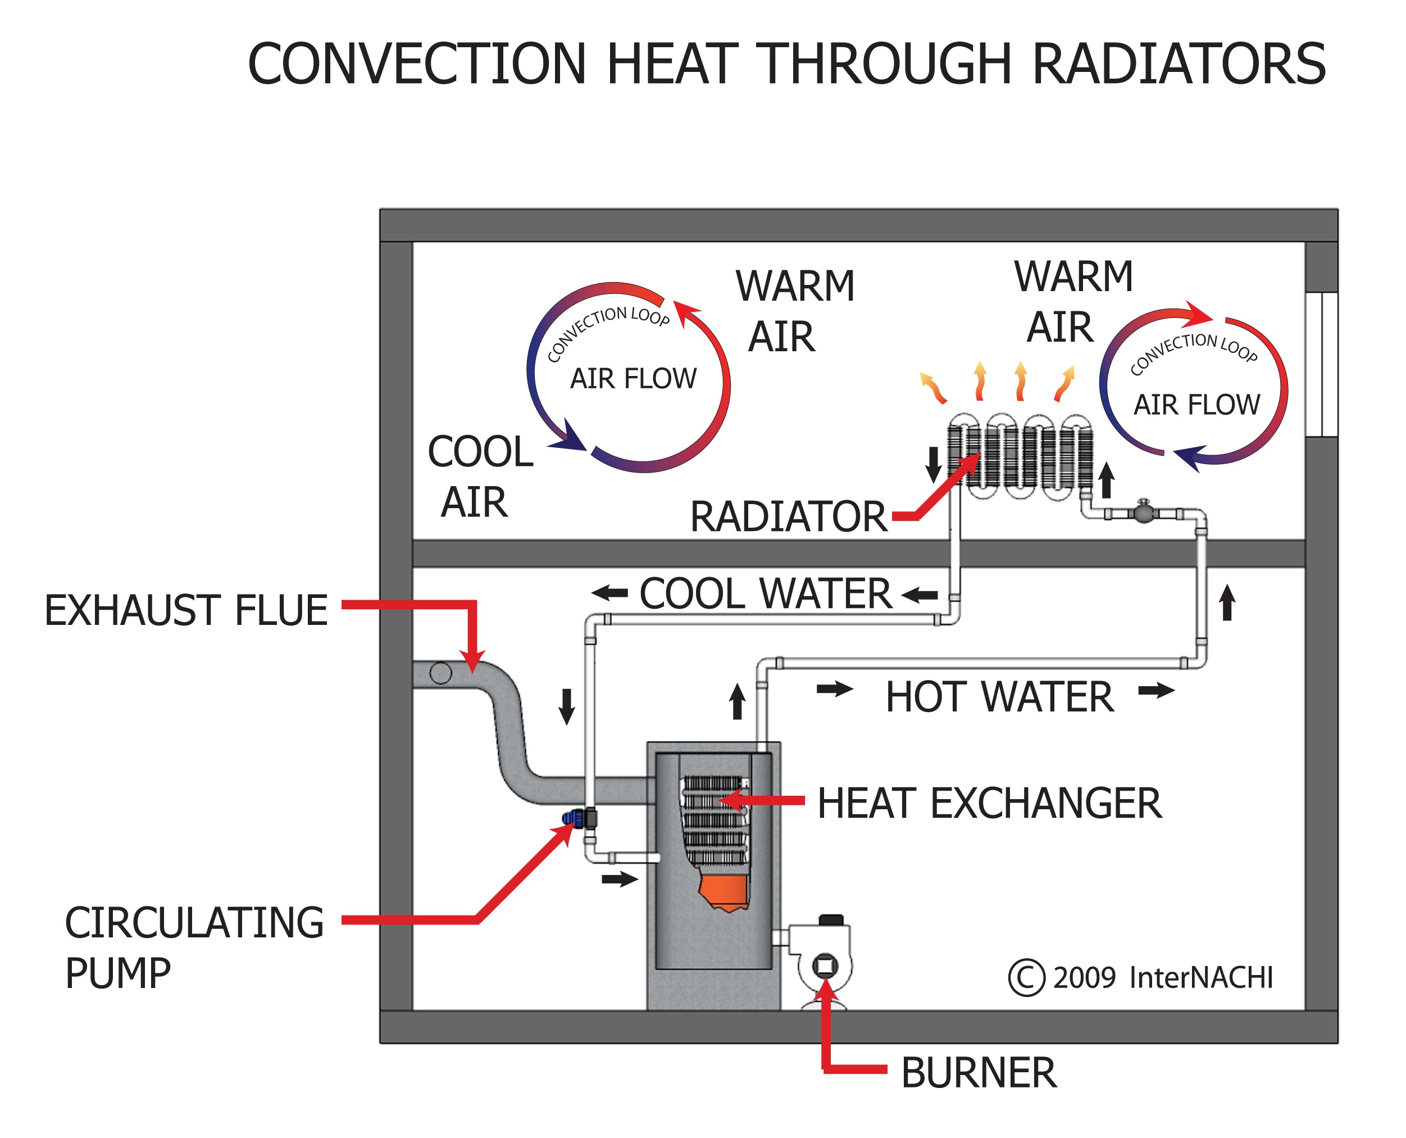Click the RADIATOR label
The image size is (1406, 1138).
click(788, 516)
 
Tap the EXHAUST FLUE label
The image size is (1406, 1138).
click(186, 610)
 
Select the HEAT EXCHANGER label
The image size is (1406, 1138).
click(989, 804)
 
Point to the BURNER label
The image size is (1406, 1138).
click(978, 1073)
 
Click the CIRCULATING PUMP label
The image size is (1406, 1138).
click(194, 948)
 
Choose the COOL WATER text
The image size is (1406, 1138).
click(765, 594)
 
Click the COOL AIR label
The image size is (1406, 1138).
click(480, 477)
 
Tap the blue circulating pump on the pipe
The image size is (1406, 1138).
click(571, 818)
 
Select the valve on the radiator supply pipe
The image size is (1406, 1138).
click(1143, 511)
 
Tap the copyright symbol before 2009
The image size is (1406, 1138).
click(1026, 978)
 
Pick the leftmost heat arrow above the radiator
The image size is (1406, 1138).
click(933, 387)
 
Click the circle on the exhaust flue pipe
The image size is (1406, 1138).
click(440, 673)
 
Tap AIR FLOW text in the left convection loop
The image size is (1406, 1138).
click(633, 379)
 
